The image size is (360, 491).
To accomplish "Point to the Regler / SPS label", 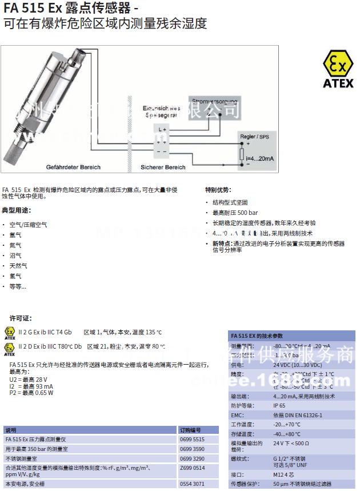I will (x=255, y=137).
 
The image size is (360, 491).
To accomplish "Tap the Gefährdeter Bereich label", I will (x=73, y=167).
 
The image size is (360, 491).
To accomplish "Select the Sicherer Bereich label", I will (x=163, y=167).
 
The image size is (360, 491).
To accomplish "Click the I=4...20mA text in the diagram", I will (x=260, y=158).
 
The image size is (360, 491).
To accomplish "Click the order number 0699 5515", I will (x=191, y=439).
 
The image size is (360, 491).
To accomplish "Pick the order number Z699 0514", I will (x=191, y=468).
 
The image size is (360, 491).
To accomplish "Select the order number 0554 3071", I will (x=191, y=484).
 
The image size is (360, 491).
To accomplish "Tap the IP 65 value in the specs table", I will (x=281, y=406).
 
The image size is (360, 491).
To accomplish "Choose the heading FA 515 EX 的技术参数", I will (x=257, y=336).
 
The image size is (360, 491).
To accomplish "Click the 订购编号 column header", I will (x=190, y=429).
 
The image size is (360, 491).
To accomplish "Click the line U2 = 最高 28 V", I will (x=29, y=380).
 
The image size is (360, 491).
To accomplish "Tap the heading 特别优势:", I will (x=218, y=190).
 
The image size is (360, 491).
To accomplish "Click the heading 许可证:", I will (x=21, y=318).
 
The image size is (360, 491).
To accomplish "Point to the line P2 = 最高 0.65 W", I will (x=31, y=393).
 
